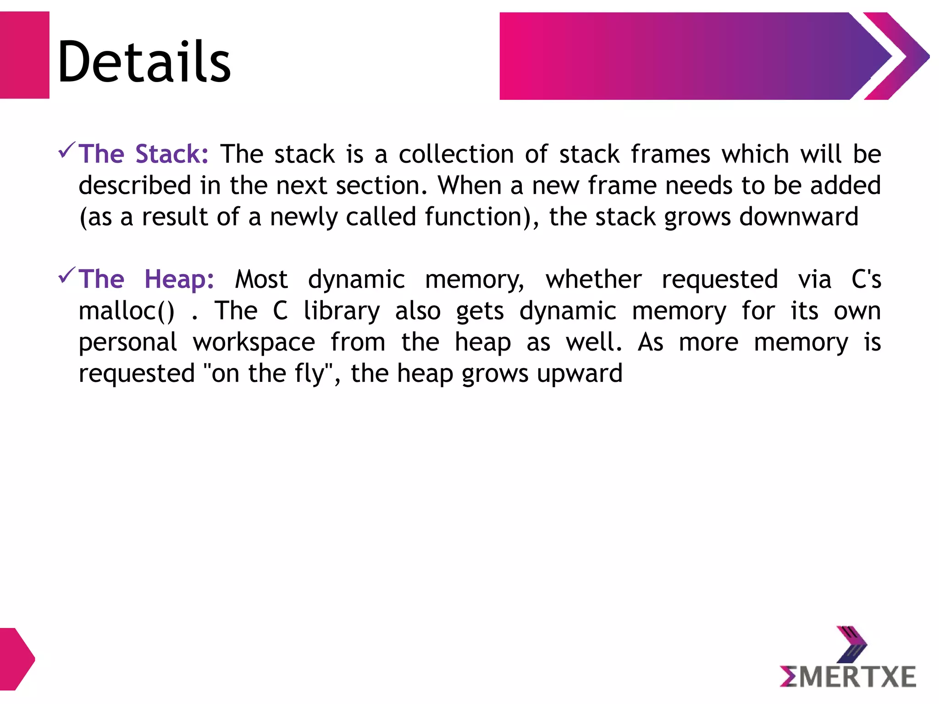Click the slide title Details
[144, 61]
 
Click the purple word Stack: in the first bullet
[172, 154]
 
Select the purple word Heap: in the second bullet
[179, 279]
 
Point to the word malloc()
[127, 311]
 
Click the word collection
[456, 154]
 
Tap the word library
[342, 311]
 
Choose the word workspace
[254, 343]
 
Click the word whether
[594, 279]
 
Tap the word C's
[866, 279]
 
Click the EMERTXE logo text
[848, 677]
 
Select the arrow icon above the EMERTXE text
[851, 643]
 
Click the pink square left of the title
[24, 55]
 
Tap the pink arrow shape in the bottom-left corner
[17, 659]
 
